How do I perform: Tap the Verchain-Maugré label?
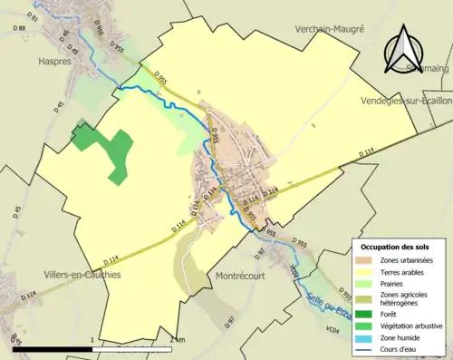[x=329, y=29]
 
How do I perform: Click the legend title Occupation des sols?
[x=395, y=247]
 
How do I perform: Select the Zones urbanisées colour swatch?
[x=368, y=261]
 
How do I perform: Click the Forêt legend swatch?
[x=368, y=316]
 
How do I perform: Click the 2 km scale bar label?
[x=178, y=340]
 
